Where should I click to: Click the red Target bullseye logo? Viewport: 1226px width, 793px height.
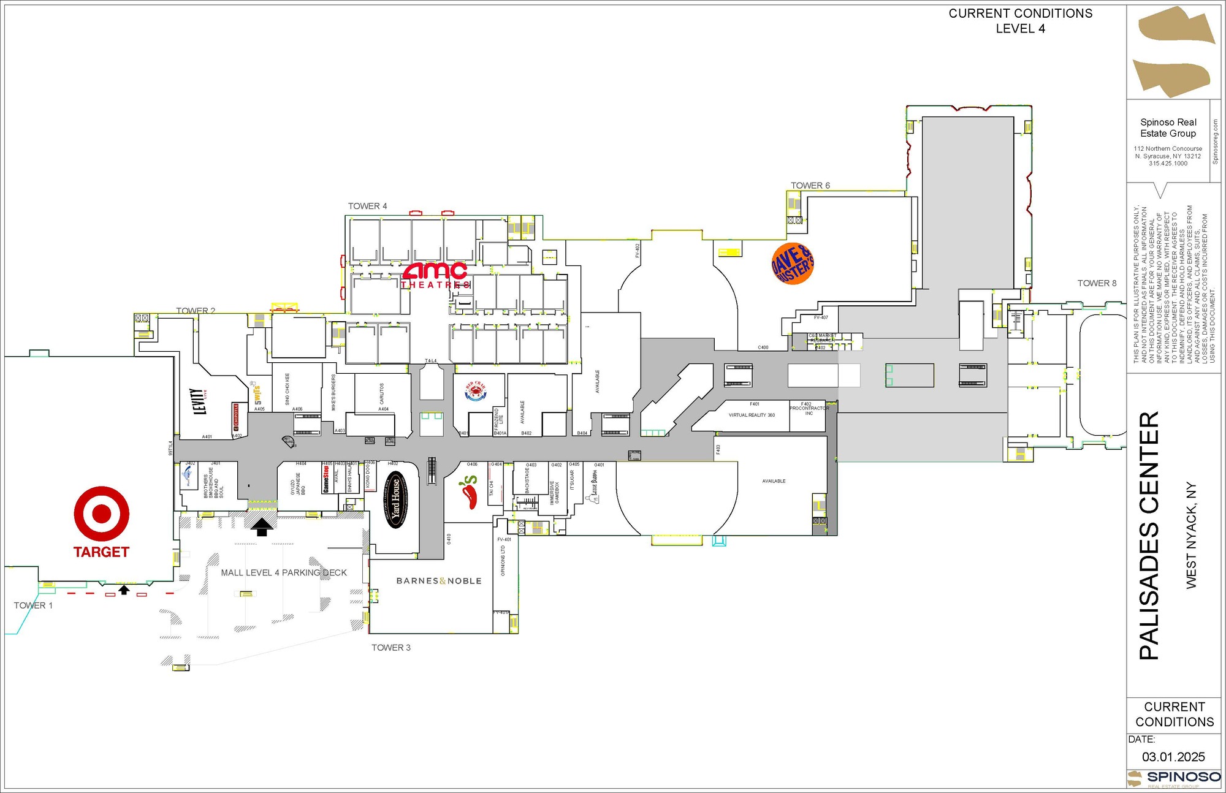coord(102,514)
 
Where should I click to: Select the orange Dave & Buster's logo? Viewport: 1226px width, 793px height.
coord(793,264)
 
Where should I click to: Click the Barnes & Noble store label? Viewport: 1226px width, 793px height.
coord(439,581)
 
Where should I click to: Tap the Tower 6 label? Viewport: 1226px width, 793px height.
coord(810,186)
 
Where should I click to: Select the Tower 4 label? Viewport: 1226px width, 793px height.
coord(367,207)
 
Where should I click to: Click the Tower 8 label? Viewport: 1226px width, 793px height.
coord(1097,283)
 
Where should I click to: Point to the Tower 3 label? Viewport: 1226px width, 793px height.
coord(390,648)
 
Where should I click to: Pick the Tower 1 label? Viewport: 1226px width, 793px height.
coord(33,605)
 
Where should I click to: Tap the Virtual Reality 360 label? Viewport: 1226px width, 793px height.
coord(752,415)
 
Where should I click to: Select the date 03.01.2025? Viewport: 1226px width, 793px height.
coord(1173,757)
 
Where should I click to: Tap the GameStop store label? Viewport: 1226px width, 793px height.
coord(326,479)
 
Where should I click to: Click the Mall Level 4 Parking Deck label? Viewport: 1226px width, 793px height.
coord(284,573)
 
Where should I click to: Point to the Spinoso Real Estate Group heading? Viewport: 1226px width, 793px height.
coord(1168,127)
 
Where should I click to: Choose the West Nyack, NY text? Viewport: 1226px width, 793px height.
coord(1191,536)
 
